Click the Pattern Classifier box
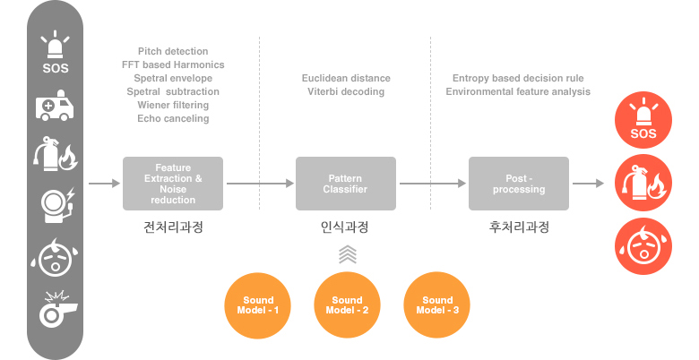point(346,184)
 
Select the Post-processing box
point(519,184)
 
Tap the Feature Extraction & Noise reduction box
point(173,184)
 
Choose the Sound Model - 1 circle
point(258,305)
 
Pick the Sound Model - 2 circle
point(347,305)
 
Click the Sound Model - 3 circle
point(437,305)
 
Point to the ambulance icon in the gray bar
point(55,105)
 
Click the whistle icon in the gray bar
point(57,309)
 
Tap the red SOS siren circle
point(643,120)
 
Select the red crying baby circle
point(643,246)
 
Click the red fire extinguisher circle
point(643,183)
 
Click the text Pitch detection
point(173,51)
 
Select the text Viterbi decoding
point(346,91)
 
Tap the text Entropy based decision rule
point(518,79)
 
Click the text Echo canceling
point(173,118)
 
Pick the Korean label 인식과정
point(345,227)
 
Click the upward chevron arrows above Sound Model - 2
point(348,254)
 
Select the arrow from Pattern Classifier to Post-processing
point(433,183)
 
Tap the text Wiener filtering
point(173,105)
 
